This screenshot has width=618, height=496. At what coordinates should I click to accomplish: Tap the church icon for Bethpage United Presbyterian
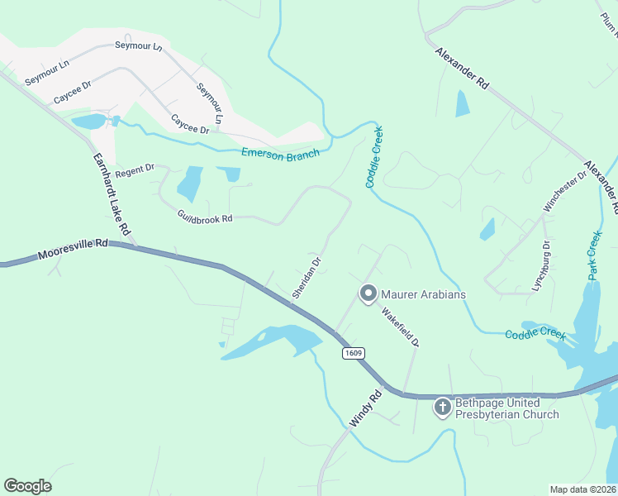(443, 406)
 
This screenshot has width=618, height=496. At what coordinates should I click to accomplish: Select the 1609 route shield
(353, 353)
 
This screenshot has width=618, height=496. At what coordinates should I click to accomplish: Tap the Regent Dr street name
(135, 170)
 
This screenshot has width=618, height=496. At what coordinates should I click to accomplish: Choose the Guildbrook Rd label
(205, 217)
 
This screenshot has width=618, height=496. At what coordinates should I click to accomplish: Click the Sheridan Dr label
(305, 278)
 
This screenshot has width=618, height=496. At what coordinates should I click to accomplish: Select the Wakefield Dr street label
(401, 327)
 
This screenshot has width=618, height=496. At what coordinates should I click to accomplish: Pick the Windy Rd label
(364, 409)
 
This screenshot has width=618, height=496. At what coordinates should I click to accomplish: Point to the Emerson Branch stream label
(280, 154)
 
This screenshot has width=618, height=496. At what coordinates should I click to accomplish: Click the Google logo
(27, 486)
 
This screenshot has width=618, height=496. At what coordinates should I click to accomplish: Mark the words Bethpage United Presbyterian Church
(507, 408)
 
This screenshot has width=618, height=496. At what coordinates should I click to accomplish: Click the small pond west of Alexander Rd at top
(462, 103)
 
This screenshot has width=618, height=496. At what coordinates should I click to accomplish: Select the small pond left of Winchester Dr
(487, 228)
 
